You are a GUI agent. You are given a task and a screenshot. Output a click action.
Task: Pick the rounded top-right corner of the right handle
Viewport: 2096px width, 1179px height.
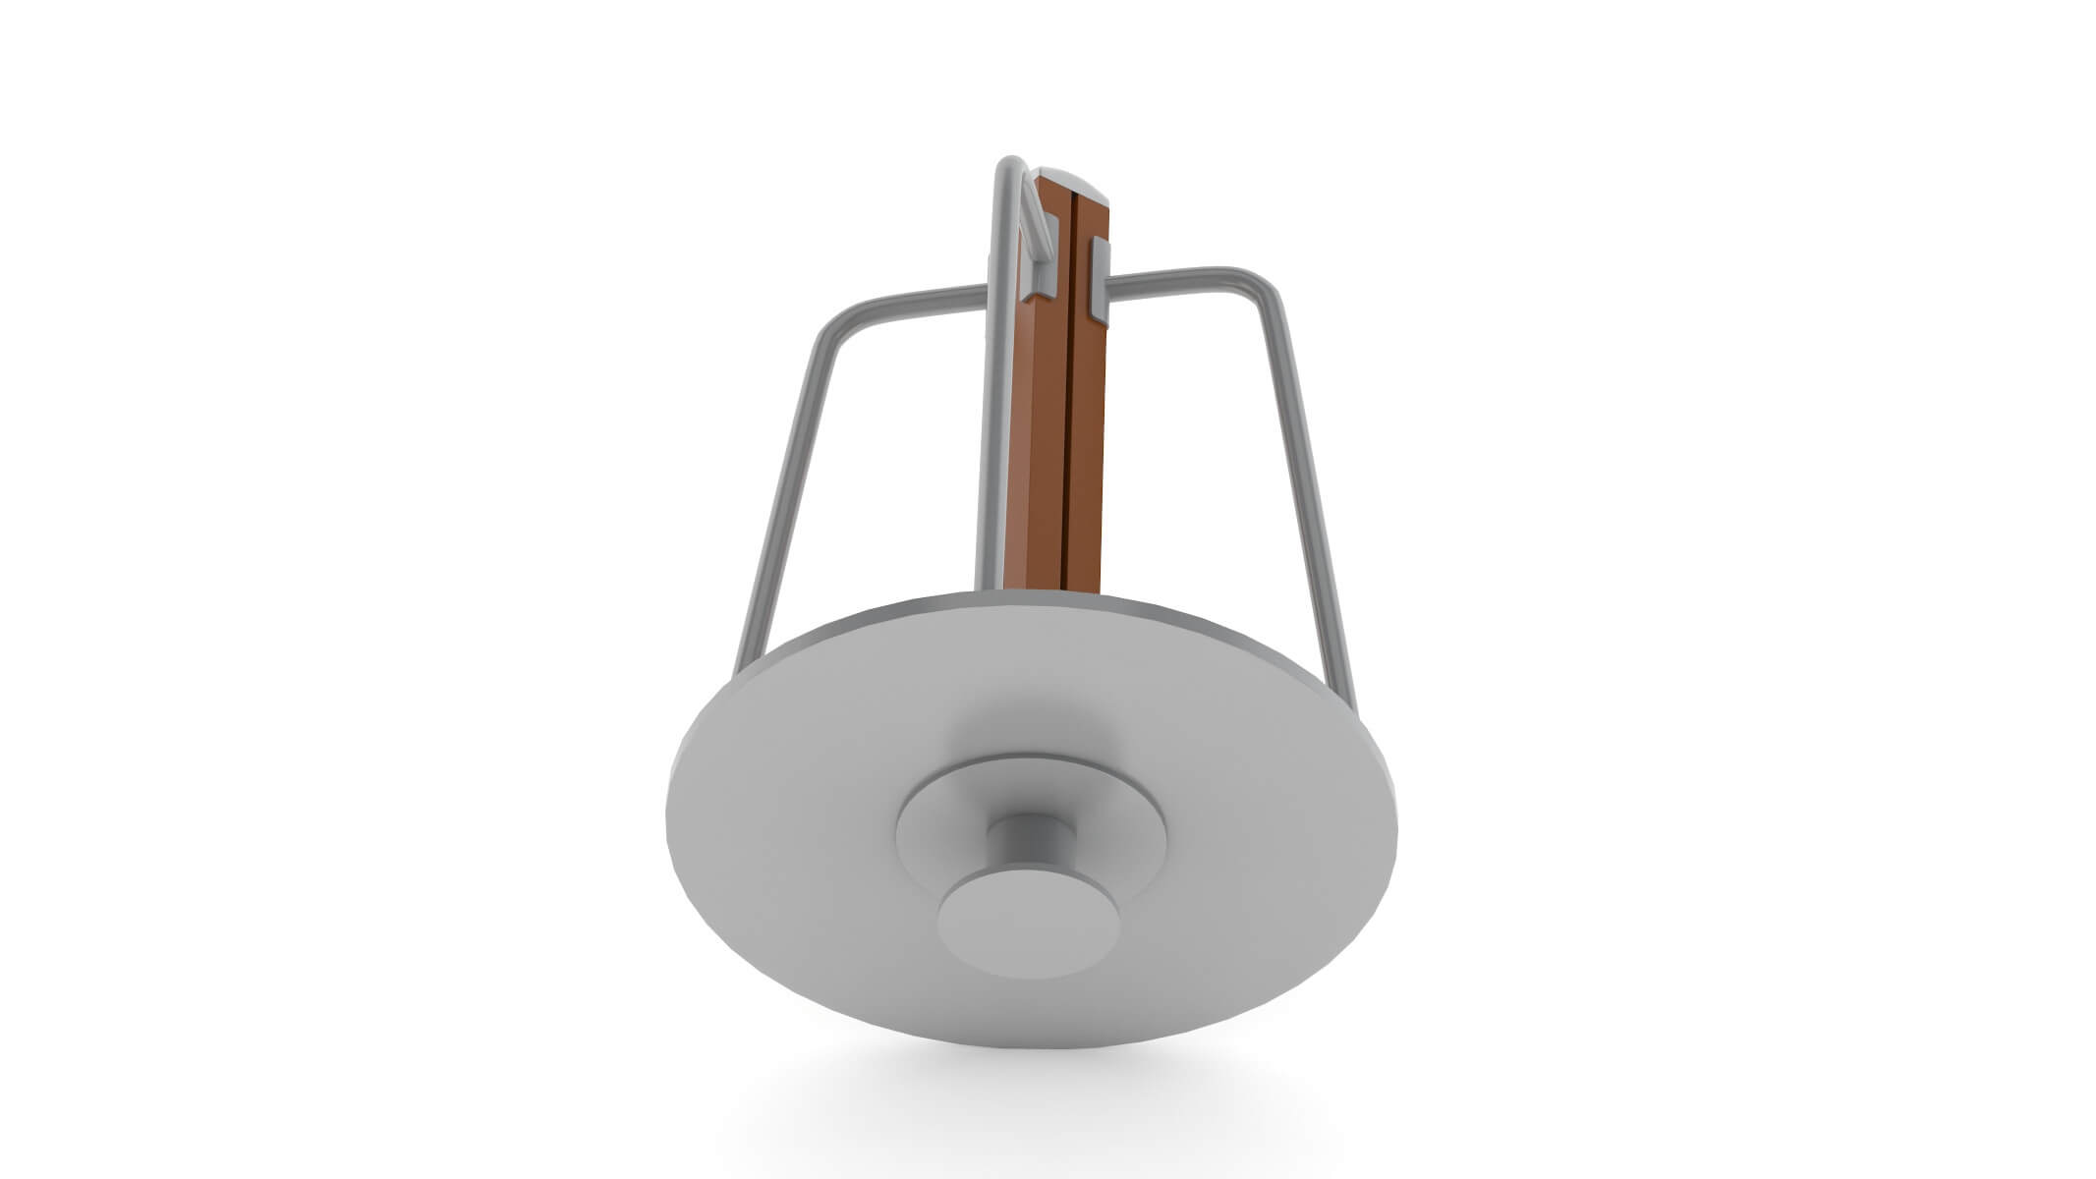[1268, 285]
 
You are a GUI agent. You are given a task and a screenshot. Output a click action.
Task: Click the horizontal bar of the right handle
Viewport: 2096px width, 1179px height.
[1179, 279]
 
